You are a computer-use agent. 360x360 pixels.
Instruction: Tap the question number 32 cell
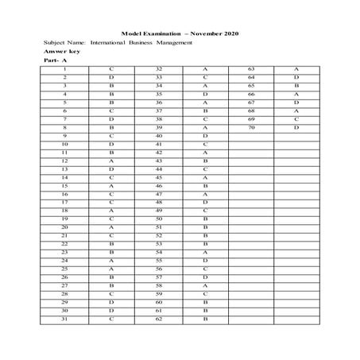click(159, 70)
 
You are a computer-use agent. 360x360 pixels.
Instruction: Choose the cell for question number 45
click(159, 177)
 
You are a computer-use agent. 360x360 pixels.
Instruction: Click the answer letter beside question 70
click(296, 127)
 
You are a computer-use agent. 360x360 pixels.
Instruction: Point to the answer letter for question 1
click(112, 70)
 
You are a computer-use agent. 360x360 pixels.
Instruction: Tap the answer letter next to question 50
click(205, 219)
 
